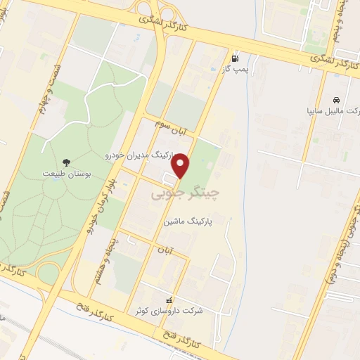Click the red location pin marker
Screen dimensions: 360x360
coord(181,166)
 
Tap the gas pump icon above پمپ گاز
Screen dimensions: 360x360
coord(235,58)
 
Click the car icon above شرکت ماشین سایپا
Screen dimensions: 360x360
coord(337,99)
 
